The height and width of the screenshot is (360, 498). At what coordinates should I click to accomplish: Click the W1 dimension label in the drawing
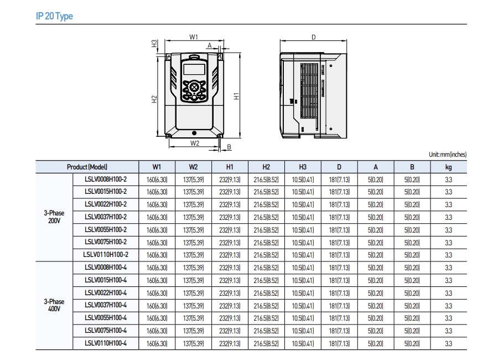click(x=194, y=37)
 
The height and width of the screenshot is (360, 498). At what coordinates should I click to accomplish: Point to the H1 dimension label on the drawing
click(x=236, y=95)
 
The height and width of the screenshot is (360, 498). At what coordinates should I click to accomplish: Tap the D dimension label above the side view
click(x=313, y=37)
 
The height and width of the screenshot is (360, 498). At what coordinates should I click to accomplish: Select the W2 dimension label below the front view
click(x=194, y=143)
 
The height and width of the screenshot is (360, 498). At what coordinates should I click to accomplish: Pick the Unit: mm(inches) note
click(x=447, y=155)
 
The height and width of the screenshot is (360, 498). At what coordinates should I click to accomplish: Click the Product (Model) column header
click(x=87, y=167)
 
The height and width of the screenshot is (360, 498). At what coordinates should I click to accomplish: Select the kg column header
click(x=448, y=167)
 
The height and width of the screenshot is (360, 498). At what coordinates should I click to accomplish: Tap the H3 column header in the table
click(x=303, y=167)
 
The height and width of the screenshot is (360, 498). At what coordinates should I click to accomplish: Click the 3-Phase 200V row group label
click(x=54, y=217)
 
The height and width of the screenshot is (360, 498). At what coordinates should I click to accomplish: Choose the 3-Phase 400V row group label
click(x=54, y=305)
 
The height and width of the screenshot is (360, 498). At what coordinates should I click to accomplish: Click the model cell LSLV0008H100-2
click(x=106, y=179)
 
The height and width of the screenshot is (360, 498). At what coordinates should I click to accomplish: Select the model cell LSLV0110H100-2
click(x=106, y=255)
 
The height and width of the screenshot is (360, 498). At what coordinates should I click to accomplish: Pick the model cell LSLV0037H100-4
click(x=106, y=306)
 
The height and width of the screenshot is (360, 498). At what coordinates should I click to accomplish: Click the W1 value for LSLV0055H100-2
click(x=157, y=230)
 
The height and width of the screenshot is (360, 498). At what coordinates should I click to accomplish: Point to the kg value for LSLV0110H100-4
click(x=448, y=343)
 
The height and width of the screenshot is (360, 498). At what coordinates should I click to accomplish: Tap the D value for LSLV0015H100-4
click(x=339, y=280)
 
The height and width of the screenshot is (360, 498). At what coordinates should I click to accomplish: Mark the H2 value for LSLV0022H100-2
click(x=266, y=204)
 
